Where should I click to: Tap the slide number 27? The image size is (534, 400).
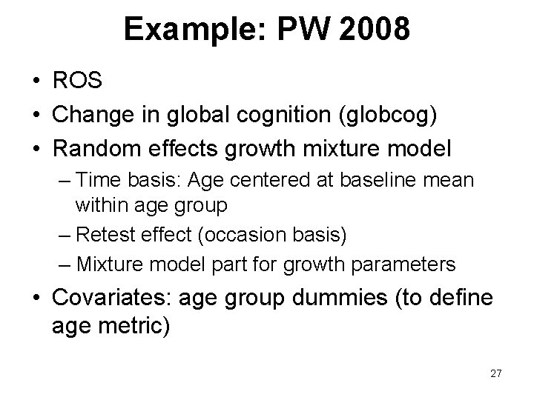[496, 373]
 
